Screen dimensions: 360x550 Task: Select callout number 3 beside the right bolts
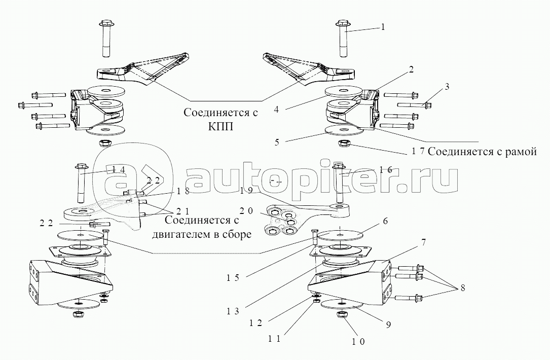tap(447, 87)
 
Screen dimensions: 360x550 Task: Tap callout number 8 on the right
tap(462, 287)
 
